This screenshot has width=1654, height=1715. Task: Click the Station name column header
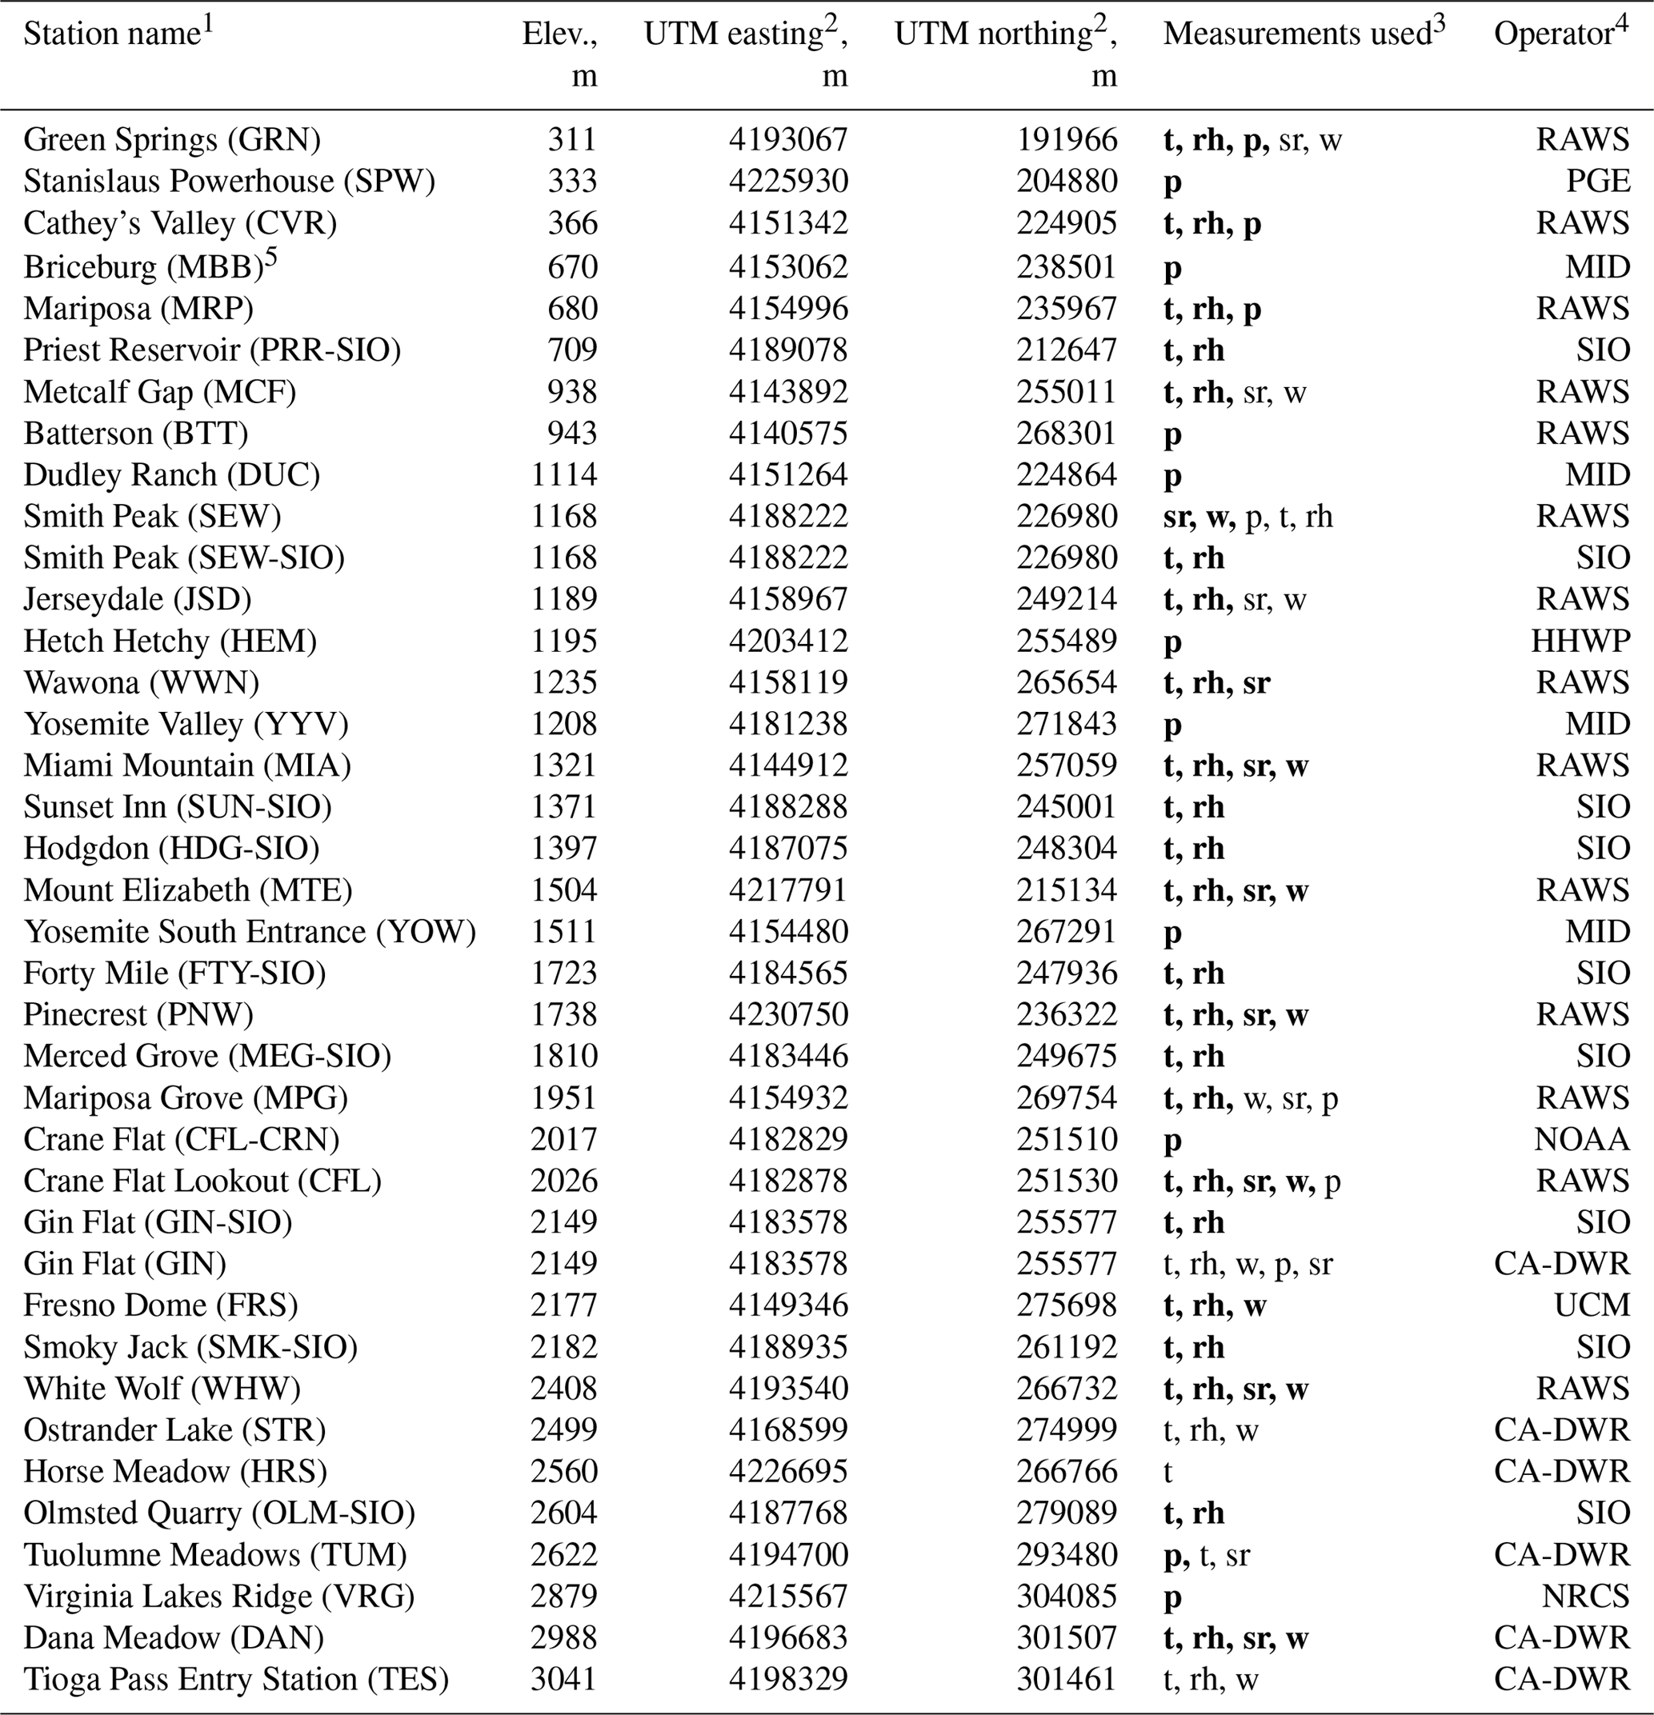[118, 34]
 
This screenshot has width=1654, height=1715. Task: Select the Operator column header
[1560, 34]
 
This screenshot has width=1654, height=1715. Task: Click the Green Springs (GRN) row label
[171, 139]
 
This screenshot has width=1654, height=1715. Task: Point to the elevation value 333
[572, 181]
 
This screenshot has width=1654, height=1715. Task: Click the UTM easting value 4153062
[788, 266]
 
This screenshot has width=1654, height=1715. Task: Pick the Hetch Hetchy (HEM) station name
[170, 642]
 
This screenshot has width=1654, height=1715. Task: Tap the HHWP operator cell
[1580, 642]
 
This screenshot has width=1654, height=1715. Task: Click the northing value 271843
[1067, 725]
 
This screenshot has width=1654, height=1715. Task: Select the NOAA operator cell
[1582, 1139]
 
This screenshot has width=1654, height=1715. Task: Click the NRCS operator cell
[1585, 1596]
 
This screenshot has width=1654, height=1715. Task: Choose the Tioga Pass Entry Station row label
[235, 1679]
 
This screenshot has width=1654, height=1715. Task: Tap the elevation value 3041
[563, 1679]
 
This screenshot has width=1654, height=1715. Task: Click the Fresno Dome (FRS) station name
[160, 1305]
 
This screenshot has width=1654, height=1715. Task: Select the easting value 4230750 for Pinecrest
[788, 1015]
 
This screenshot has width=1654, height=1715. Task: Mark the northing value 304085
[1067, 1596]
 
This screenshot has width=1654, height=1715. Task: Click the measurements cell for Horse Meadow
[1167, 1472]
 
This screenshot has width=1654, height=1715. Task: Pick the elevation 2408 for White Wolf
[563, 1389]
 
